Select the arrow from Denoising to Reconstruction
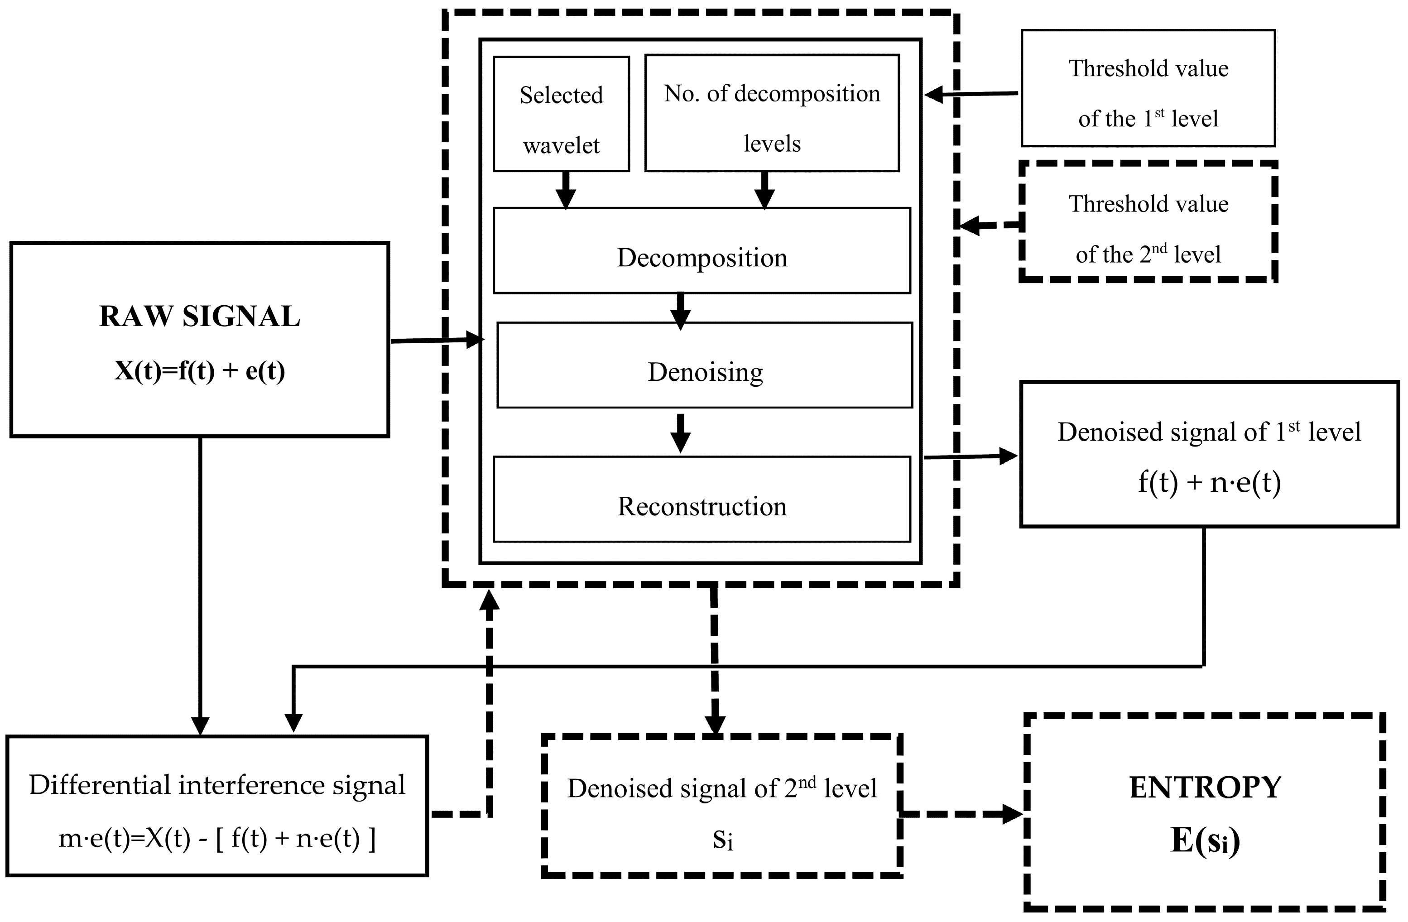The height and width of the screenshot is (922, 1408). click(680, 433)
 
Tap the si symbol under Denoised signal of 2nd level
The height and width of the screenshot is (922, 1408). click(723, 840)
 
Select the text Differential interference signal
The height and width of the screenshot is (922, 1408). click(216, 785)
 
